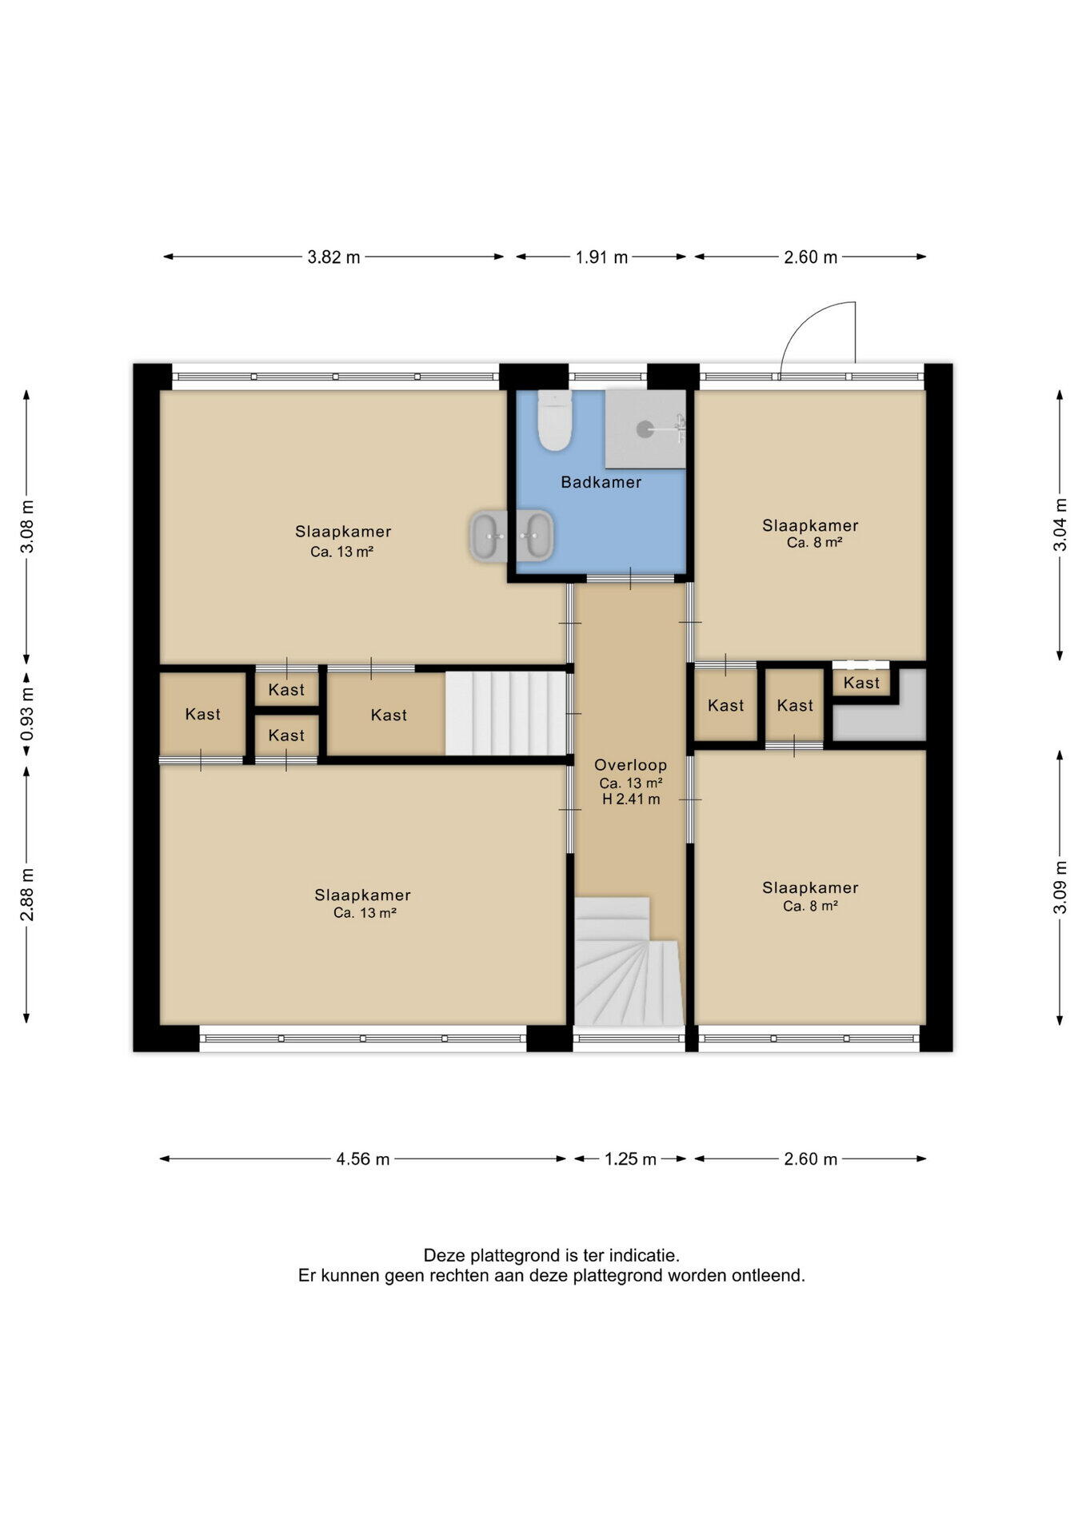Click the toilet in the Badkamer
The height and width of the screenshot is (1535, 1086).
(x=554, y=421)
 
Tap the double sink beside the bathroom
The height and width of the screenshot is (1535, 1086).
(x=511, y=535)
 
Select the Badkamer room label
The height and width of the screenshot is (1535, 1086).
(x=601, y=482)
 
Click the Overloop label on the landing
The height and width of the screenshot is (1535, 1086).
(x=630, y=765)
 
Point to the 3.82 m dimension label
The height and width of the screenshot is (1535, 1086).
(x=334, y=257)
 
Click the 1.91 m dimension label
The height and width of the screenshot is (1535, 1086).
(x=601, y=257)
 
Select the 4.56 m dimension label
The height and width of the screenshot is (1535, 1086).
(x=363, y=1158)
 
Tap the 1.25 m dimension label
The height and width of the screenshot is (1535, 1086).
(x=630, y=1158)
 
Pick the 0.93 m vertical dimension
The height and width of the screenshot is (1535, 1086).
(x=27, y=714)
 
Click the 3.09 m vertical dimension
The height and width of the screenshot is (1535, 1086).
(x=1060, y=887)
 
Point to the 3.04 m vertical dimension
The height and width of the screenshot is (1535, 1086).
(x=1060, y=524)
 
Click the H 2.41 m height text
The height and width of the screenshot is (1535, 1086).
(x=631, y=799)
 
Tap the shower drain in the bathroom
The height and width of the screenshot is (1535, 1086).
(x=645, y=429)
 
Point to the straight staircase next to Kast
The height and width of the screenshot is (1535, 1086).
(x=505, y=713)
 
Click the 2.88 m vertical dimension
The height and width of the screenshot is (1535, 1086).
(x=27, y=894)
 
